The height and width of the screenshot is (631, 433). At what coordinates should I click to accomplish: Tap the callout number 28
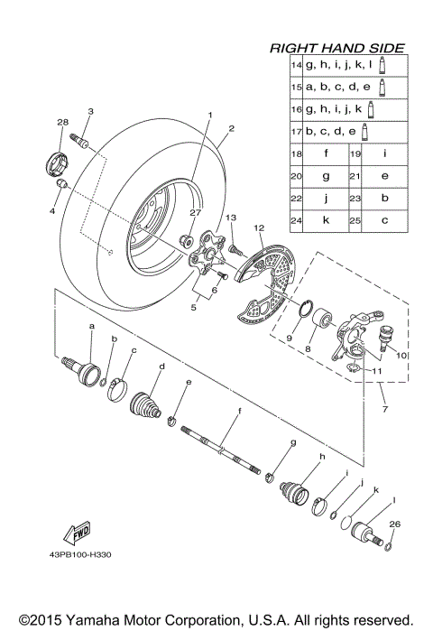[x=63, y=122]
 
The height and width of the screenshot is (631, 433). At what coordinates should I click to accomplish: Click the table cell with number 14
[x=295, y=66]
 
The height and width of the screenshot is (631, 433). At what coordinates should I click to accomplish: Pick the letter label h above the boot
[x=295, y=457]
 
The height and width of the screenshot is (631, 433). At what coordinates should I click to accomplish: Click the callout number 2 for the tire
[x=232, y=129]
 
